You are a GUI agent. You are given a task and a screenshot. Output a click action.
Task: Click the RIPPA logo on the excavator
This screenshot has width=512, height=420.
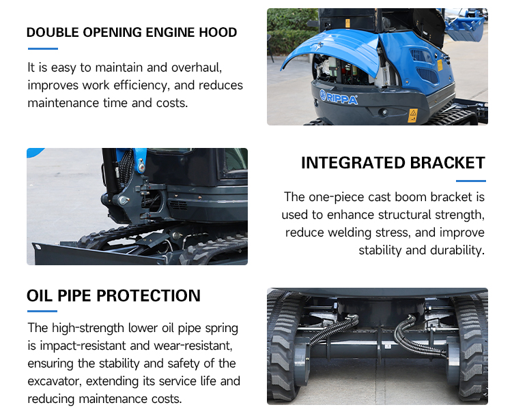(339, 97)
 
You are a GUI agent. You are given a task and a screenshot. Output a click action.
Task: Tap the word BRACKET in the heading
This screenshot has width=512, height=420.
(447, 163)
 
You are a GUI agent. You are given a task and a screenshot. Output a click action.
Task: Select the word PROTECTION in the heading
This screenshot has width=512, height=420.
(148, 296)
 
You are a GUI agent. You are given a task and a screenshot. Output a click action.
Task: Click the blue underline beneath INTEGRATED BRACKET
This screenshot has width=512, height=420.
(471, 181)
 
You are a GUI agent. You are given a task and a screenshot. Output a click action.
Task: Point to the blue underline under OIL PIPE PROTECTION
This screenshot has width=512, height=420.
(42, 311)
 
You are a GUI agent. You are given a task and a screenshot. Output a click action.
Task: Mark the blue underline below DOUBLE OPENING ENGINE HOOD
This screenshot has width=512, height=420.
(43, 48)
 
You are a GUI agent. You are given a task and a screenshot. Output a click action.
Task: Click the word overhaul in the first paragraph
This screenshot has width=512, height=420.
(197, 67)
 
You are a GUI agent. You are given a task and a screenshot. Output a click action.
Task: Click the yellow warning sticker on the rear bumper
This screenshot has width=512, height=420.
(413, 116)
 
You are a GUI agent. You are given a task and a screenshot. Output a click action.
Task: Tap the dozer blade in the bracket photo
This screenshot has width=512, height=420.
(98, 254)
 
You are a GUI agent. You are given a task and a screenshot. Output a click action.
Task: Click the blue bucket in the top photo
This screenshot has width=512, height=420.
(465, 28)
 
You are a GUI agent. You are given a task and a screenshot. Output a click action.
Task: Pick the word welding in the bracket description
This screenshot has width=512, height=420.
(350, 232)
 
